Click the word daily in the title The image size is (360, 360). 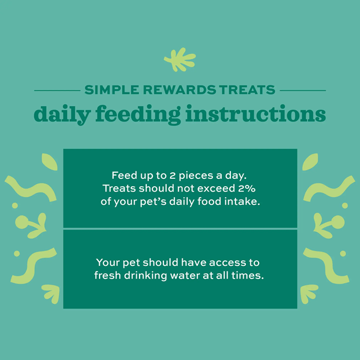point(62,115)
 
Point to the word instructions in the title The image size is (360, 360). point(255,114)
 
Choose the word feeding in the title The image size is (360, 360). point(138,115)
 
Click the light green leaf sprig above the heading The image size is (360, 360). point(180,59)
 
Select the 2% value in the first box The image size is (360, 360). point(247,188)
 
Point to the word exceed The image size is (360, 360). point(216,188)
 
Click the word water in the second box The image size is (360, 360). point(185,275)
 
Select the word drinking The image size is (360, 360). point(145,276)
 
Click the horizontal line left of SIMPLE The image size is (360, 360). point(57,90)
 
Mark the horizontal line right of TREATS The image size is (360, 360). point(302,90)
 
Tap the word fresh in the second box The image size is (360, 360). point(107,275)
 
